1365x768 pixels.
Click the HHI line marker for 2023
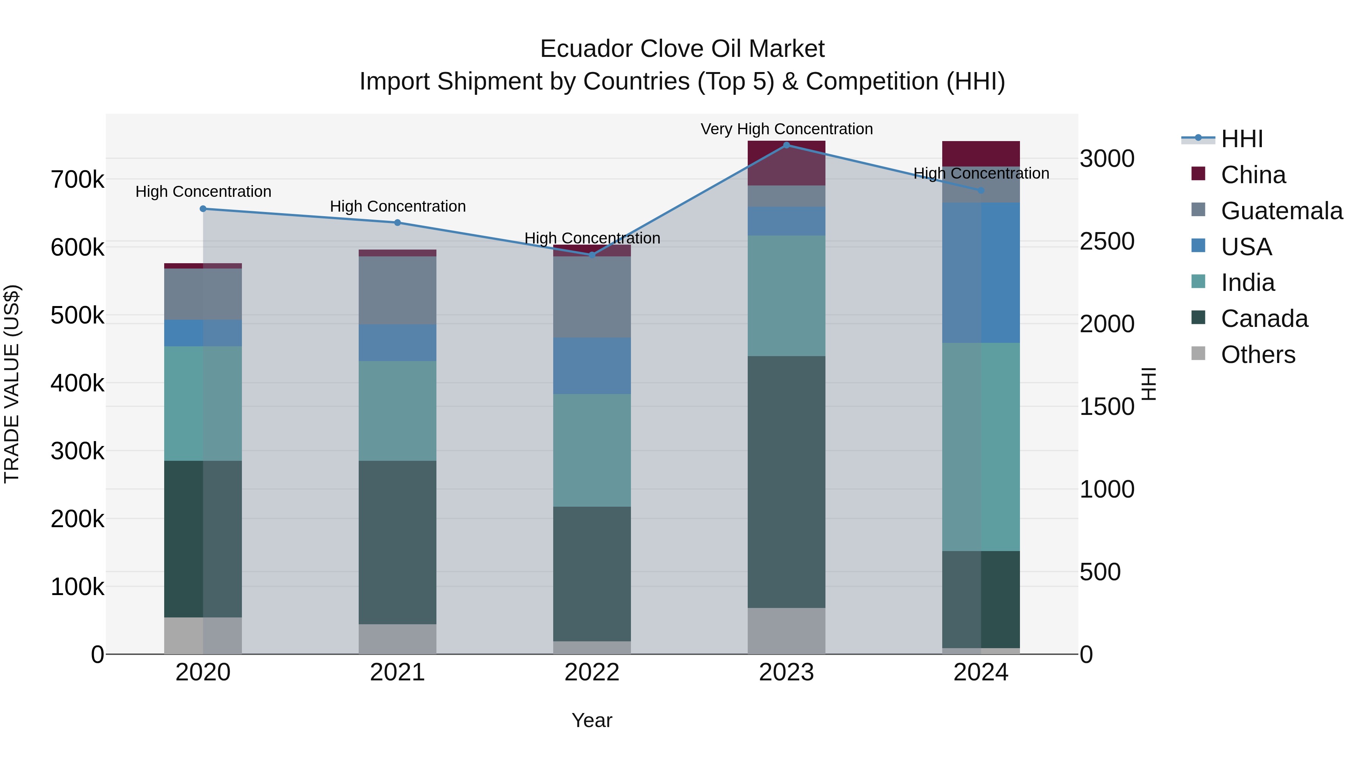pos(786,145)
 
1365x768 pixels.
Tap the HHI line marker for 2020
pos(203,209)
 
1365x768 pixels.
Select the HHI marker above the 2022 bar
pos(592,255)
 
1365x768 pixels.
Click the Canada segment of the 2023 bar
pos(786,481)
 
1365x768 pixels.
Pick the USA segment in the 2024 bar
pos(981,272)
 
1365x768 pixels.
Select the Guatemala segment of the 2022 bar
pos(592,297)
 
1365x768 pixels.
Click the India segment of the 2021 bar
pos(397,411)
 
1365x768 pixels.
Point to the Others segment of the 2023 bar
pos(786,631)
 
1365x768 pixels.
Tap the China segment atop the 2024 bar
pos(981,154)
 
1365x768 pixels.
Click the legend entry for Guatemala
pos(1281,211)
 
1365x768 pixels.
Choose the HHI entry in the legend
pos(1241,139)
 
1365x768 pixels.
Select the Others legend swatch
pos(1198,353)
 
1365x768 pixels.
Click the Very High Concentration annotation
pos(786,129)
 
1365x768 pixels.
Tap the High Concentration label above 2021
pos(397,206)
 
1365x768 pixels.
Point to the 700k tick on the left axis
pos(77,180)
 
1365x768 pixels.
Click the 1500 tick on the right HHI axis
pos(1107,407)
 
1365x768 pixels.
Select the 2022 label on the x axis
pos(592,672)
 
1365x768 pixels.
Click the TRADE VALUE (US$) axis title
pos(12,384)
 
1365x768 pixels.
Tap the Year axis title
pos(592,720)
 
